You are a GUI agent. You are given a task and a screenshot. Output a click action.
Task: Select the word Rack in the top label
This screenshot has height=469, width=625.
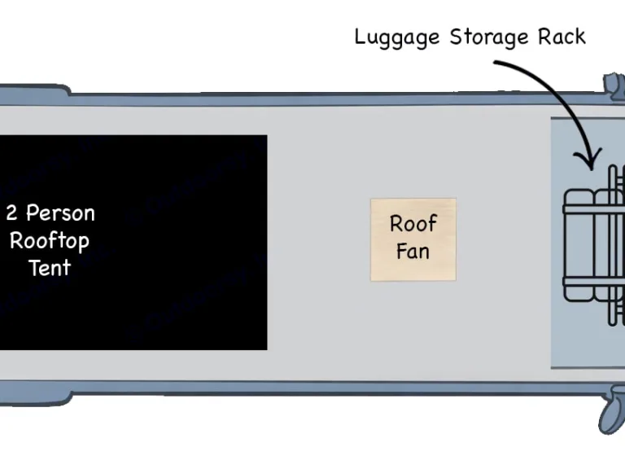tap(562, 37)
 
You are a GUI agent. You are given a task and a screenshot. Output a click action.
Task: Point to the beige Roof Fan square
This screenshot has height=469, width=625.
tap(413, 239)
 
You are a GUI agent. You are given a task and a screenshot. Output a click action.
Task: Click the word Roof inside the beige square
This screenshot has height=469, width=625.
tap(413, 223)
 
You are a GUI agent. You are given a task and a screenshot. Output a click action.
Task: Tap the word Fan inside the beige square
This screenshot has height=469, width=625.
tap(413, 251)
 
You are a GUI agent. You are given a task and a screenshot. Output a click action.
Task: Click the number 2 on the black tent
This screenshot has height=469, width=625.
tap(11, 213)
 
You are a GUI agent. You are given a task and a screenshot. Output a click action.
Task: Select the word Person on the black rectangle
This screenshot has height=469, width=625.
tap(61, 213)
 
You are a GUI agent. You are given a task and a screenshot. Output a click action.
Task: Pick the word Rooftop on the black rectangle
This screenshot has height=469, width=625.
tap(50, 241)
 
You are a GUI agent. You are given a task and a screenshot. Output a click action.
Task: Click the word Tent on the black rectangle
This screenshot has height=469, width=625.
tap(50, 268)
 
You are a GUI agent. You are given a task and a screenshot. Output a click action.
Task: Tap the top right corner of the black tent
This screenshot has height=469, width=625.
tap(265, 137)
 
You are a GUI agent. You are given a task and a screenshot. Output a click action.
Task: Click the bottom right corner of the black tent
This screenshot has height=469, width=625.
tap(265, 348)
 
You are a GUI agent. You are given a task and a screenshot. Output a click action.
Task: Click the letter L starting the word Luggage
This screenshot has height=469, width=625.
tap(359, 37)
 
